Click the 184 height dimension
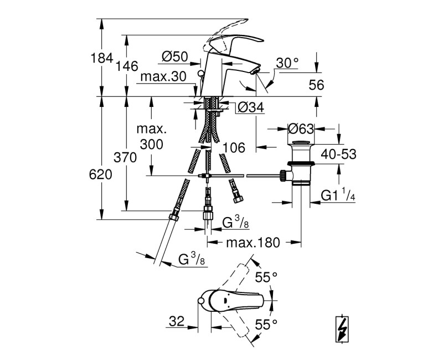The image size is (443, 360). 102,58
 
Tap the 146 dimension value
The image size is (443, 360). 127,66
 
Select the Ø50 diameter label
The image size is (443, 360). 175,56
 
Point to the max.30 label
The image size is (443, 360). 163,76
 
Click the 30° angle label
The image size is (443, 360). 287,63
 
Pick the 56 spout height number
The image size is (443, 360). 316,85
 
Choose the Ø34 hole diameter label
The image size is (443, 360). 251,107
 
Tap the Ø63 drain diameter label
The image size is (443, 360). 301,129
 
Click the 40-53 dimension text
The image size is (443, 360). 338,155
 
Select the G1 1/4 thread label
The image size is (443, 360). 338,195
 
